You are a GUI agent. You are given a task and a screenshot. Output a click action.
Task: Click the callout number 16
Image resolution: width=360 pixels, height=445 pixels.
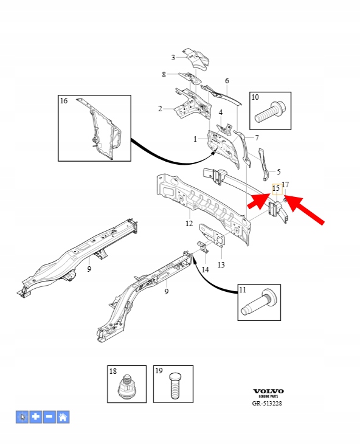coord(64,101)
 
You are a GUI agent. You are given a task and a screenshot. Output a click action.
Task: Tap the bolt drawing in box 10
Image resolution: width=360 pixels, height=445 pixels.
coord(271,112)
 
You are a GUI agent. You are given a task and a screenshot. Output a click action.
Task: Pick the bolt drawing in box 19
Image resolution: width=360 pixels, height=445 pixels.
coord(176,385)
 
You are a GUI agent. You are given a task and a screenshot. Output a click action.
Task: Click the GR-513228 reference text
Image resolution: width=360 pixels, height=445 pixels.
coord(267,403)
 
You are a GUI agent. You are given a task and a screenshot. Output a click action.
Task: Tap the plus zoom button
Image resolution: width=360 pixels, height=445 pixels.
coord(36,417)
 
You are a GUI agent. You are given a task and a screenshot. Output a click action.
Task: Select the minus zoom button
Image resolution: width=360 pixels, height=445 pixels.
coord(49,417)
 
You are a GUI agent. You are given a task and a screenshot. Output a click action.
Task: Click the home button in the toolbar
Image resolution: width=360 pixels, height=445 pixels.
coord(63,417)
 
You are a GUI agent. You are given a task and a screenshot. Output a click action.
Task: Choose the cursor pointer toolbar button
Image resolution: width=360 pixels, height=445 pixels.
coord(22,417)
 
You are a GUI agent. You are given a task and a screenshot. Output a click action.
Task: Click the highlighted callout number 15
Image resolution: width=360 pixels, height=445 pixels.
coord(276,188)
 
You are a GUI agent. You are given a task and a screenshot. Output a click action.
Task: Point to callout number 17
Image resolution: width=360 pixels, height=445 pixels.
coord(285,185)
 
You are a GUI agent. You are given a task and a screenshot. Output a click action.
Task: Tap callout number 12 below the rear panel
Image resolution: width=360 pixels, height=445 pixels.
coord(189,224)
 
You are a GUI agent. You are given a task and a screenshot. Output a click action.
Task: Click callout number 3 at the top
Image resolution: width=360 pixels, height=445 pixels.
coord(173,58)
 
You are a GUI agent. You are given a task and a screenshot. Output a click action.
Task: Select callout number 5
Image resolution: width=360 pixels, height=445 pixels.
coord(279,171)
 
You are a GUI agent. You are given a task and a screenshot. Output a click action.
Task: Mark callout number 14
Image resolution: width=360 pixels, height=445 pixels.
coord(206,269)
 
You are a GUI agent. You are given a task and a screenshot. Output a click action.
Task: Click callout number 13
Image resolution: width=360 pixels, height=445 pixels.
coord(221,265)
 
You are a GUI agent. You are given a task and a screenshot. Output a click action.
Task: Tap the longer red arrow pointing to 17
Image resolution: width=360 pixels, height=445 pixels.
coord(303,210)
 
